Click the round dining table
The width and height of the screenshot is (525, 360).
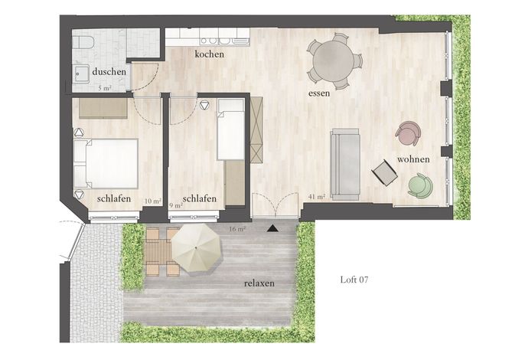tap(333, 61)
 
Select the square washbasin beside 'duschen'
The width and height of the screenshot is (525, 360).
tap(80, 74)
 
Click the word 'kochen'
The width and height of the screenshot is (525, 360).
tap(209, 54)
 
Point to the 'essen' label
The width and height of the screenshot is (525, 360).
tap(318, 93)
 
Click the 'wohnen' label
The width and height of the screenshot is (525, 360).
tap(413, 159)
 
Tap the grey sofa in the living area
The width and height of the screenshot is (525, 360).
tap(345, 165)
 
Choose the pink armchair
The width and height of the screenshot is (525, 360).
tap(408, 133)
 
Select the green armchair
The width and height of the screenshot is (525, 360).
tap(420, 185)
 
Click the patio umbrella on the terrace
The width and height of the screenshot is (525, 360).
tap(196, 248)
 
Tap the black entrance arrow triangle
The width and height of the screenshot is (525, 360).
tap(273, 228)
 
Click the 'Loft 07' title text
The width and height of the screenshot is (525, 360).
tap(354, 280)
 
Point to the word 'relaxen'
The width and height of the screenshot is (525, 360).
tap(259, 283)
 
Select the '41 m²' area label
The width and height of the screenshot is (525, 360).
tap(317, 197)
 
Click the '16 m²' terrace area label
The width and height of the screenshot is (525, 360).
tap(237, 229)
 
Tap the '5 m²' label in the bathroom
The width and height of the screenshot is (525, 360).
tap(105, 89)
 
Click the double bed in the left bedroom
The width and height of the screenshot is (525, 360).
tap(106, 163)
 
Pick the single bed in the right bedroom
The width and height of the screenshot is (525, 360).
tap(230, 129)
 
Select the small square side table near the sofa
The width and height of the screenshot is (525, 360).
tap(384, 172)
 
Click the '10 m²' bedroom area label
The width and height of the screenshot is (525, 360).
tap(153, 201)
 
